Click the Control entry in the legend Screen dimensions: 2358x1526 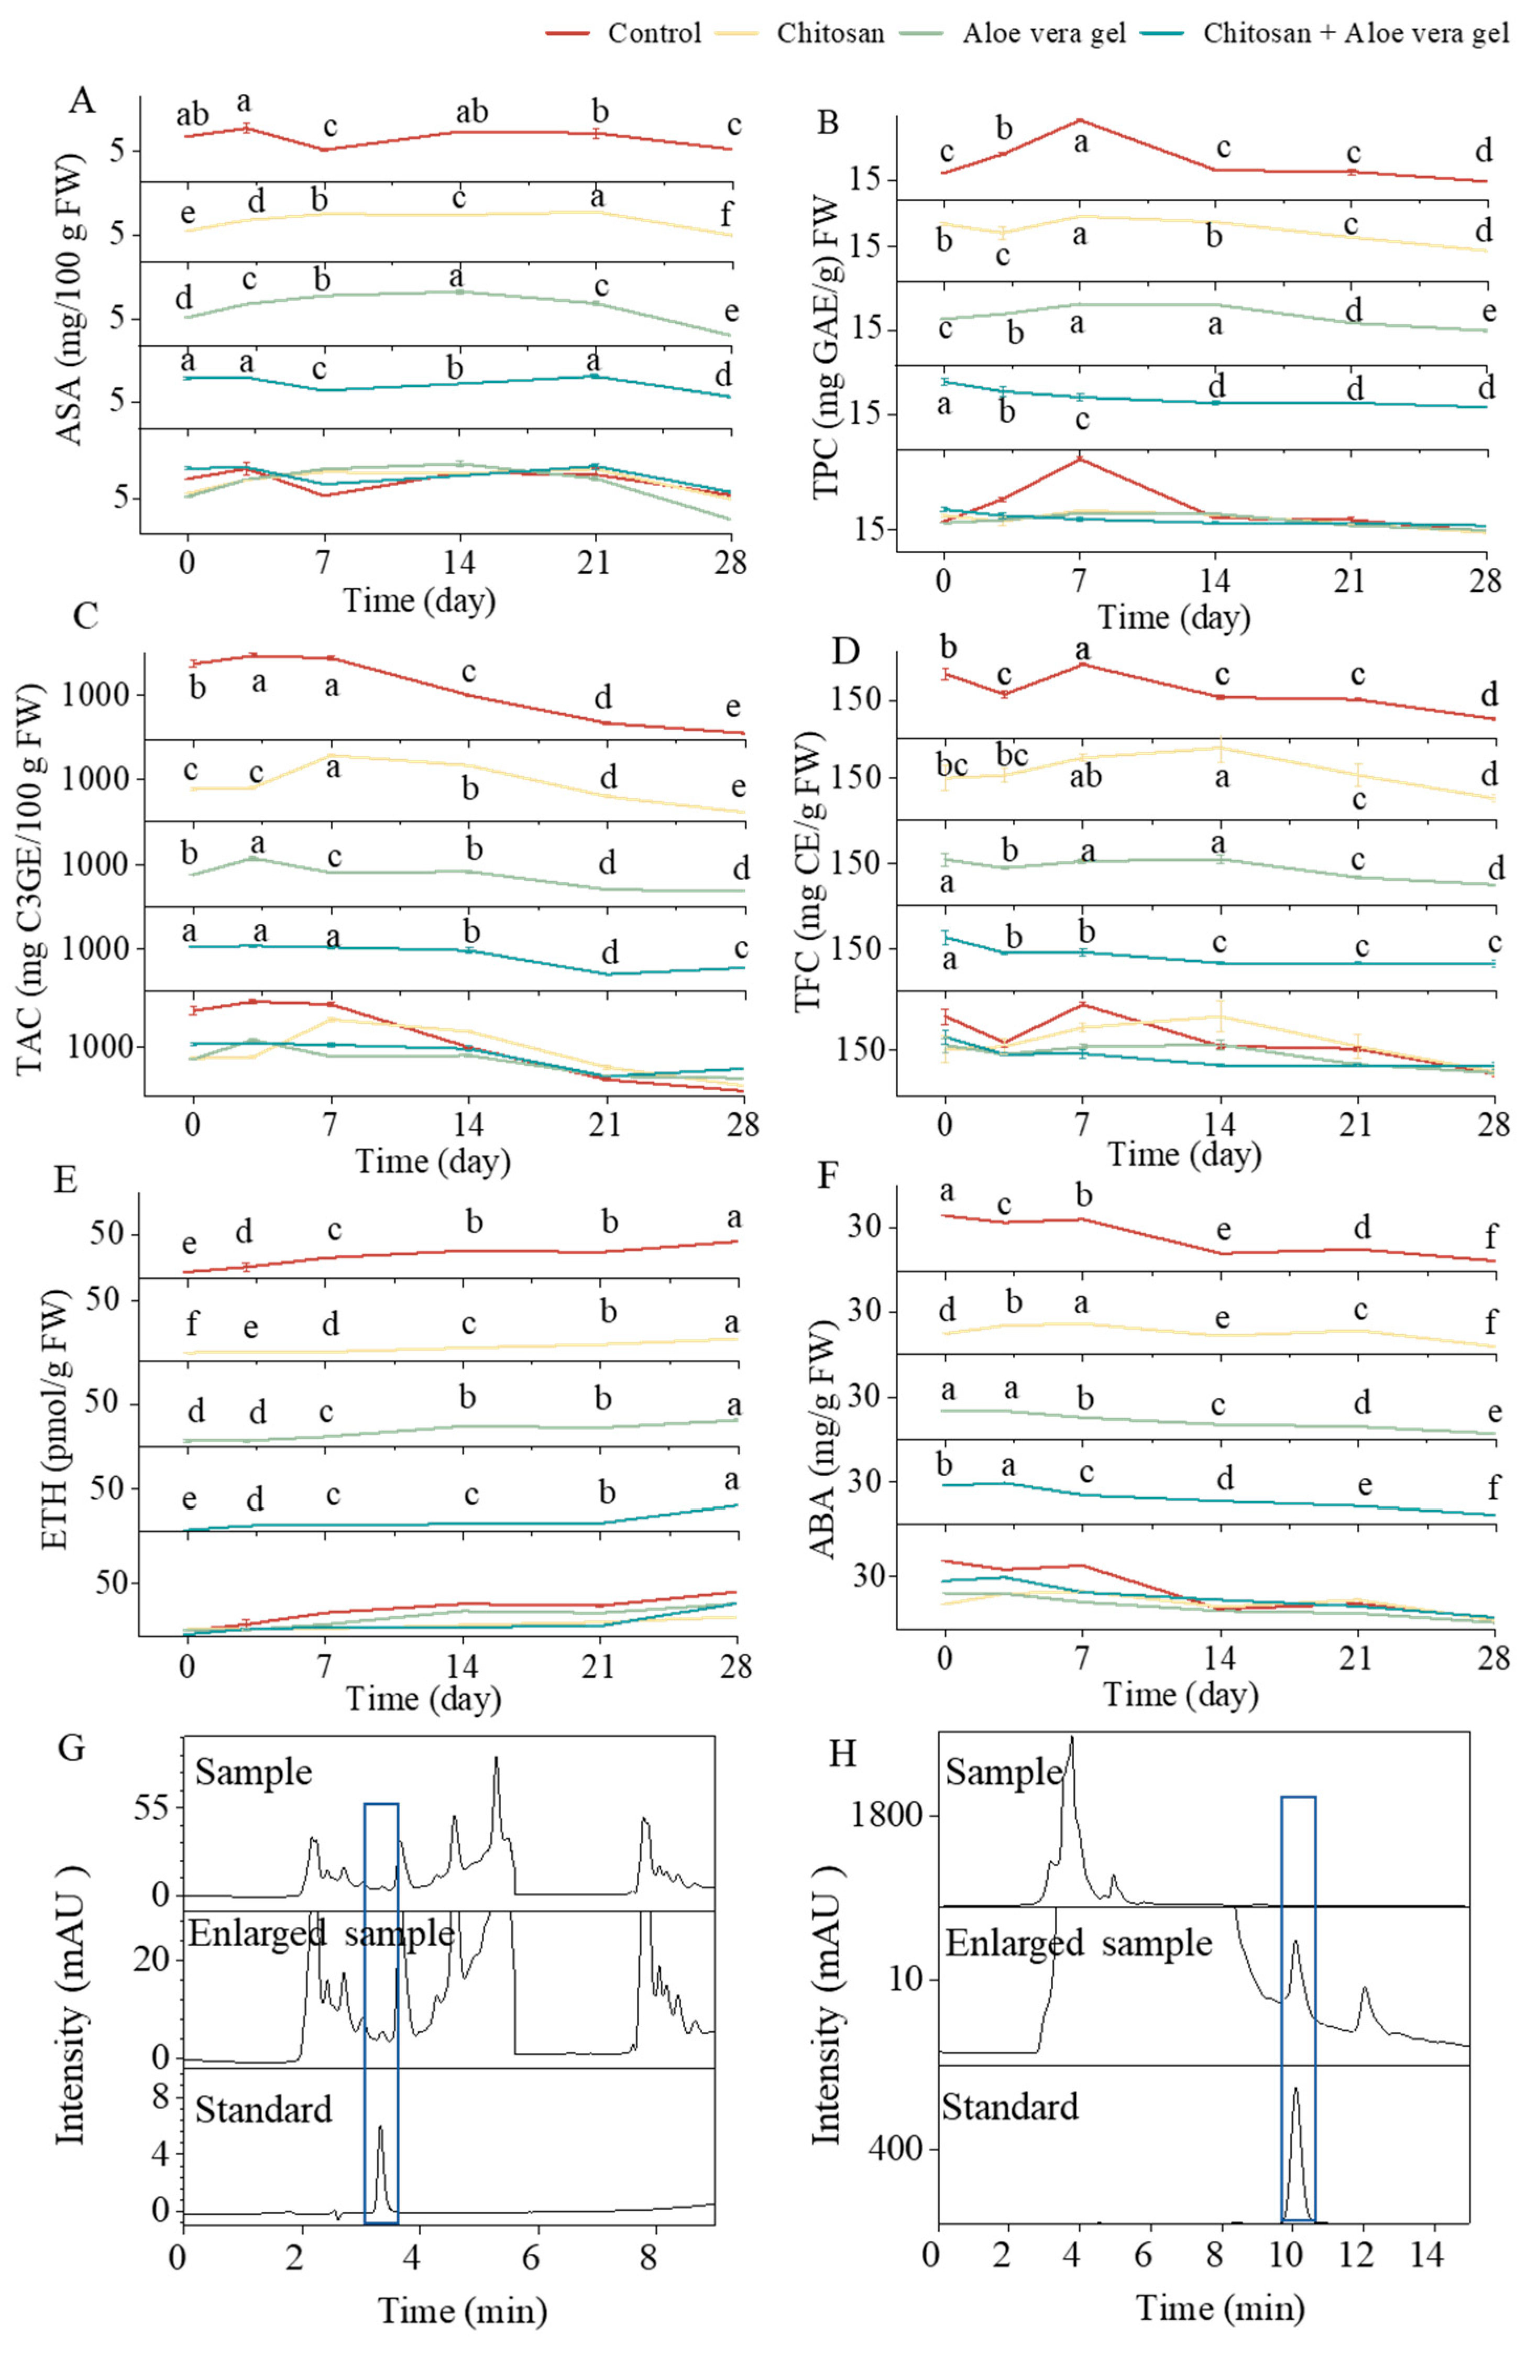pos(653,34)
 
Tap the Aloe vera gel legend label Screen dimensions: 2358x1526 pos(1044,34)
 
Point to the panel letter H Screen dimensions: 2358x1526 pos(841,1753)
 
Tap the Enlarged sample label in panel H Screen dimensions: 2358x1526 pos(1078,1944)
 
